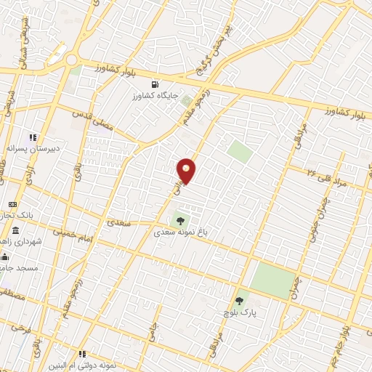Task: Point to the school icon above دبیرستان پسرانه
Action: point(32,137)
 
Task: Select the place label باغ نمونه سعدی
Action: point(179,232)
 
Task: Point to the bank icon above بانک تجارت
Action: point(12,204)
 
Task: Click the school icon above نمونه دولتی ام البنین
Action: point(82,353)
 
